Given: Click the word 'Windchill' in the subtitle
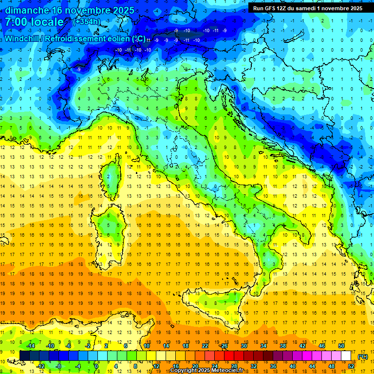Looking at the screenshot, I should coord(22,38).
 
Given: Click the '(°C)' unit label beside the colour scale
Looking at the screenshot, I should coord(363,356).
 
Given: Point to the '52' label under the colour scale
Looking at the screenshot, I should coord(351,366).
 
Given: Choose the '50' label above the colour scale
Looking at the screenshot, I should coord(341,346).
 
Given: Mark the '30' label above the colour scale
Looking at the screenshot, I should coord(243,346).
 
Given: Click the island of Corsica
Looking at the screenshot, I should coord(113,173).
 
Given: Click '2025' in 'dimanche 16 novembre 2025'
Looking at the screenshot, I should coord(124,10).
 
